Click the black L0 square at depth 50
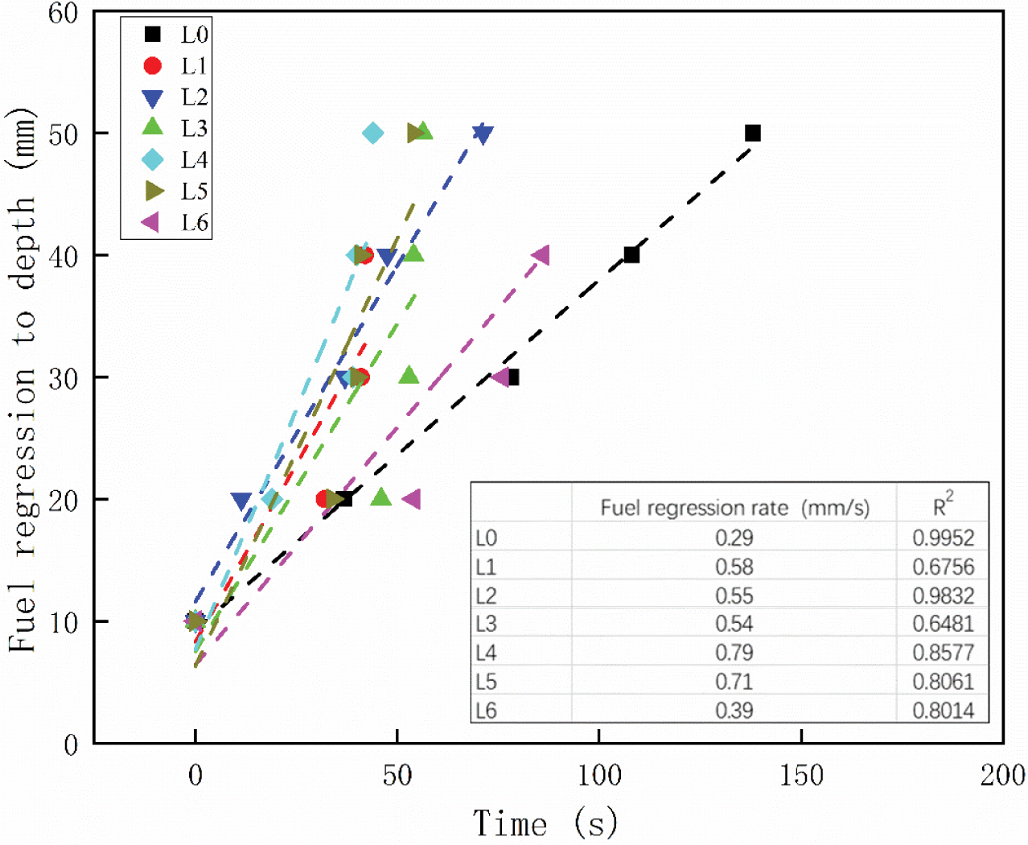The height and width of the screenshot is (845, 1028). [x=753, y=133]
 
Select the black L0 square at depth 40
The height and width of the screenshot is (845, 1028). [x=631, y=254]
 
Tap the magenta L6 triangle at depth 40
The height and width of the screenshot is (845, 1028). [x=541, y=255]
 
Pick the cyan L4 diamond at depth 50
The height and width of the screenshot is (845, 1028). [x=373, y=133]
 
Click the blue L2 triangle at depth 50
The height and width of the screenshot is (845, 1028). [x=483, y=134]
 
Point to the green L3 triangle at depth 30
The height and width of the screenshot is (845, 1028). [x=409, y=376]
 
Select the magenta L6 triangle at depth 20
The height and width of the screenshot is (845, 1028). [x=411, y=499]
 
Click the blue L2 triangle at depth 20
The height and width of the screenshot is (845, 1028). [x=241, y=501]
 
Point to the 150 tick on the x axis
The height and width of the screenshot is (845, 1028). [x=801, y=776]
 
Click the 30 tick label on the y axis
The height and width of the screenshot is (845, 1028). [x=64, y=378]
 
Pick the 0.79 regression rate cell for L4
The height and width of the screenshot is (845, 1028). [x=734, y=653]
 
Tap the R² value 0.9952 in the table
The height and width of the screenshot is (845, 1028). [x=943, y=538]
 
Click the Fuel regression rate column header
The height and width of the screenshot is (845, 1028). [x=734, y=508]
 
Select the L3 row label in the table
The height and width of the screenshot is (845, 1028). [x=486, y=624]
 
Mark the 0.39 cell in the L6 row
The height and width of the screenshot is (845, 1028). [x=734, y=711]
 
